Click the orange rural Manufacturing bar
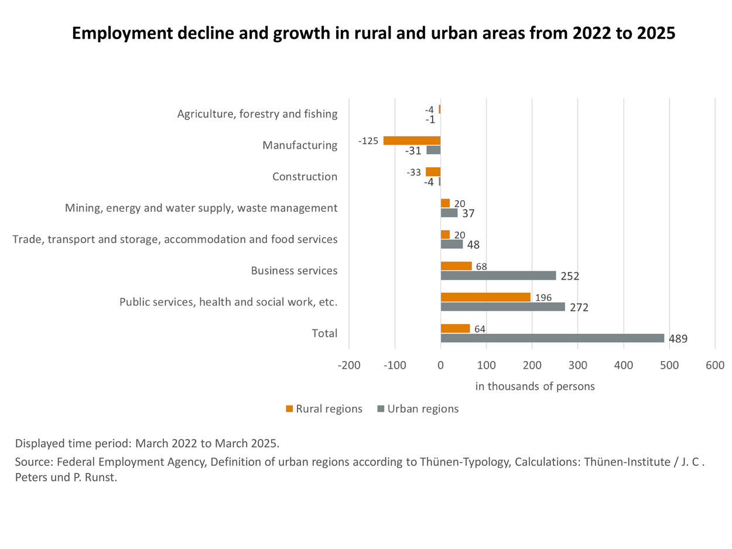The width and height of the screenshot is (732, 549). pyautogui.click(x=412, y=140)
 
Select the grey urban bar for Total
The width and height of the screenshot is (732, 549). pyautogui.click(x=552, y=338)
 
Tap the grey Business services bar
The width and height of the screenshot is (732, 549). pyautogui.click(x=498, y=275)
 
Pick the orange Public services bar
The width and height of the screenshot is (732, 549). pyautogui.click(x=485, y=297)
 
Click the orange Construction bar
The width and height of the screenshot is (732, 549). pyautogui.click(x=433, y=171)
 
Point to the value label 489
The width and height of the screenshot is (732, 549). pyautogui.click(x=678, y=339)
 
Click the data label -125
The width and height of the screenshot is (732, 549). pyautogui.click(x=368, y=141)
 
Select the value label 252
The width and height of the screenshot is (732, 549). pyautogui.click(x=570, y=276)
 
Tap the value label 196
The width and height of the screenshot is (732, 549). pyautogui.click(x=543, y=298)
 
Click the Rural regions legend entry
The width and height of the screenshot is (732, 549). pyautogui.click(x=324, y=409)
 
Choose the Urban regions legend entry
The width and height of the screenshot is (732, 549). pyautogui.click(x=417, y=409)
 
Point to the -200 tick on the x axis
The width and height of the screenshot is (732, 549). pyautogui.click(x=349, y=365)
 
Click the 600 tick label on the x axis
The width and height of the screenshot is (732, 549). pyautogui.click(x=715, y=365)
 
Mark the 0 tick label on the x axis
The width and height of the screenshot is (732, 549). pyautogui.click(x=440, y=365)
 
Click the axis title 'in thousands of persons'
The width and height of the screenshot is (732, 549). pyautogui.click(x=535, y=386)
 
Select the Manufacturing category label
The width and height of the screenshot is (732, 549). pyautogui.click(x=300, y=145)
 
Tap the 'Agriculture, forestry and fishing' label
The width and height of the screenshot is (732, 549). pyautogui.click(x=257, y=114)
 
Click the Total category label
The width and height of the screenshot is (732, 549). pyautogui.click(x=324, y=333)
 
